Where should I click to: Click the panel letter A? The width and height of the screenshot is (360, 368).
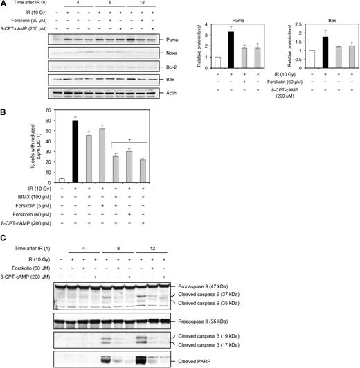(4, 4)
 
